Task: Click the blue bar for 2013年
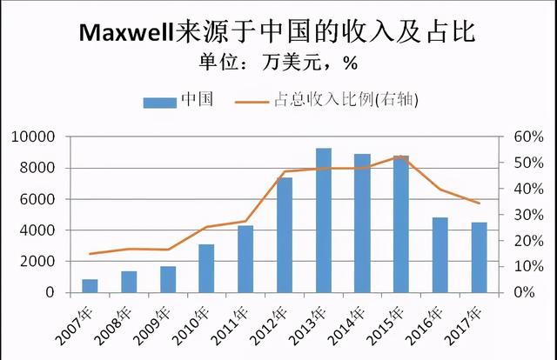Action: (x=323, y=221)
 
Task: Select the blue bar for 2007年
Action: (x=90, y=286)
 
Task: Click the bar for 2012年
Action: (x=285, y=235)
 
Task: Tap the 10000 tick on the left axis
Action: (x=35, y=137)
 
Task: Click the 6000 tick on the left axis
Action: (x=38, y=199)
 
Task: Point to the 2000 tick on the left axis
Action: (x=38, y=262)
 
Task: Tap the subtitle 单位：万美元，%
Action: (x=278, y=65)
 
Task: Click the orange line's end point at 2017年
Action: (x=478, y=203)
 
